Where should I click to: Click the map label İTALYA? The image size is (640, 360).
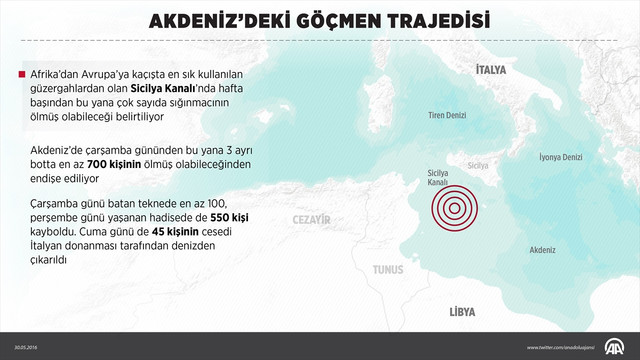pos(491,70)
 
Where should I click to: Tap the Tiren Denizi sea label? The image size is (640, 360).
pos(448,116)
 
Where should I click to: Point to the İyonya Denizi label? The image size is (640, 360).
pos(560,157)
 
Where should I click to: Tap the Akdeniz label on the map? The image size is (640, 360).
pos(542,246)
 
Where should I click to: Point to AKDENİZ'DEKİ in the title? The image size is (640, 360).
pos(207,20)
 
